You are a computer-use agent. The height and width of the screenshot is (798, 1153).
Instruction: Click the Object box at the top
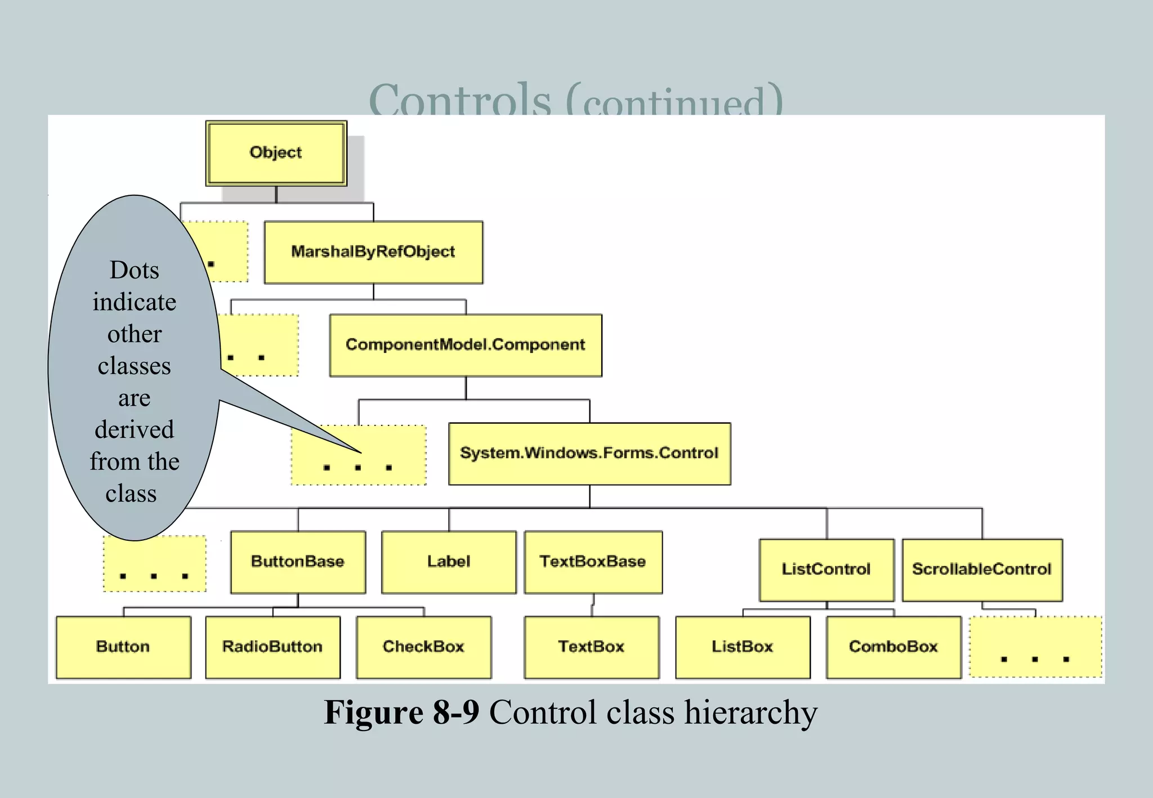pos(276,153)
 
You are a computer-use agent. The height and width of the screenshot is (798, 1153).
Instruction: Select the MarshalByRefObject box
pos(373,252)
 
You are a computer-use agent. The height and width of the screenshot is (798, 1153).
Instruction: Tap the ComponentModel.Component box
pos(466,345)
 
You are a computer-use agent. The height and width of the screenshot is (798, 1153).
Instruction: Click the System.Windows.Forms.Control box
pos(589,454)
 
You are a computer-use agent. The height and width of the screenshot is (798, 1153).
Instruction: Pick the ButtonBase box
pos(298,562)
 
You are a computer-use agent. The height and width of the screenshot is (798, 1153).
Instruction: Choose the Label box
pos(449,562)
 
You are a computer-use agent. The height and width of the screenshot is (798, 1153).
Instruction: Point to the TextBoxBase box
pos(593,562)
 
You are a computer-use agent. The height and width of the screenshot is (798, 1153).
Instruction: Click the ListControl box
pos(826,570)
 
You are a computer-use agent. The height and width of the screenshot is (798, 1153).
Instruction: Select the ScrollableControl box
pos(982,570)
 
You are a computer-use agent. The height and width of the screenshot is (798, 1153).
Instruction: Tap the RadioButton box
pos(272,647)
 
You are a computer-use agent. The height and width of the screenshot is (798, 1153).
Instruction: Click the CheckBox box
pos(423,647)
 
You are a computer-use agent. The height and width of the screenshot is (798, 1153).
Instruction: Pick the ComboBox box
pos(893,647)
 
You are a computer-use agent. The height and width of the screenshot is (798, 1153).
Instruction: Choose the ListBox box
pos(743,647)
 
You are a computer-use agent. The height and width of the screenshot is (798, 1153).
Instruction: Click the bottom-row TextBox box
pos(591,647)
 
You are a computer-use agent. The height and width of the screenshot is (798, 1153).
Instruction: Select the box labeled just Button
pos(123,647)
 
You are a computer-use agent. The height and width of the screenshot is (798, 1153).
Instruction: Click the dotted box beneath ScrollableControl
pos(1035,647)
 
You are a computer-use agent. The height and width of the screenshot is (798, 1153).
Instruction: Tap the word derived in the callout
pos(134,430)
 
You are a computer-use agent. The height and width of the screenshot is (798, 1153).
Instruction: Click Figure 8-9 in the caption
pos(401,712)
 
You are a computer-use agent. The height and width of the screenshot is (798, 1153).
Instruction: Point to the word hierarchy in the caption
pos(750,712)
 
